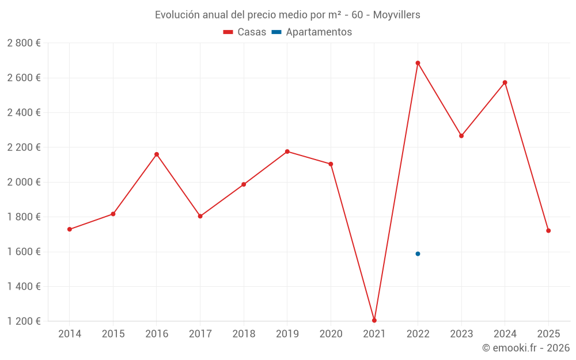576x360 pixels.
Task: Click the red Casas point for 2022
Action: (x=418, y=63)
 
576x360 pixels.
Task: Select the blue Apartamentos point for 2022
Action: (x=418, y=253)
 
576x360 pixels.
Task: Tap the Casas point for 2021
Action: (x=374, y=320)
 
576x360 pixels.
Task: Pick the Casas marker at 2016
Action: (x=157, y=154)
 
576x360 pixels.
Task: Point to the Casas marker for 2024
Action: (x=505, y=82)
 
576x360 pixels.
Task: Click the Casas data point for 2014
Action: (x=70, y=229)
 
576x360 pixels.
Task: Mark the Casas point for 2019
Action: (x=287, y=151)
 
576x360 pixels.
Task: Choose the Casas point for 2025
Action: (x=548, y=230)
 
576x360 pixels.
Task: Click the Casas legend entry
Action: (x=245, y=32)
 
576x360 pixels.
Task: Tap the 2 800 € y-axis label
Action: (x=24, y=43)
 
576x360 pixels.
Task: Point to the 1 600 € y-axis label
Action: (x=24, y=252)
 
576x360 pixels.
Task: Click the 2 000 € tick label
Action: (x=24, y=182)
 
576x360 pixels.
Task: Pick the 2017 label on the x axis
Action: (x=200, y=334)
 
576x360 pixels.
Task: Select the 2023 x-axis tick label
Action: (x=461, y=334)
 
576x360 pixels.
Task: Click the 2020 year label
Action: (x=331, y=334)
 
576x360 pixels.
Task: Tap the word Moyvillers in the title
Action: (x=396, y=14)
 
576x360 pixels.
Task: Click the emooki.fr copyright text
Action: (x=525, y=348)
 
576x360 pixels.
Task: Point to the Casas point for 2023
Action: (x=461, y=136)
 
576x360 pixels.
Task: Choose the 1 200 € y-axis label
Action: (x=24, y=321)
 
